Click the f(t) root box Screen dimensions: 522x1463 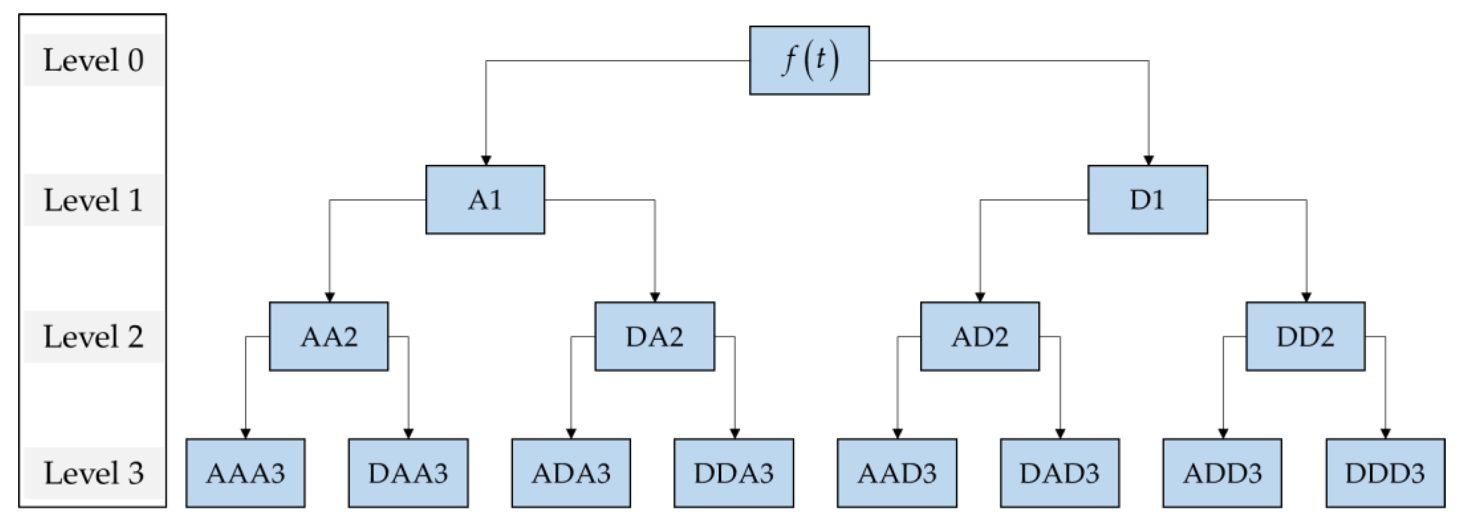pyautogui.click(x=809, y=60)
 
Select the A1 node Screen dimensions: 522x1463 pyautogui.click(x=485, y=200)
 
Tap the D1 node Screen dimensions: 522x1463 pyautogui.click(x=1147, y=200)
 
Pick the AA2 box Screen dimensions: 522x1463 pyautogui.click(x=329, y=337)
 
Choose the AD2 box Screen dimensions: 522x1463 pyautogui.click(x=980, y=337)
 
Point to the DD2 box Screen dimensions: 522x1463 pyautogui.click(x=1305, y=337)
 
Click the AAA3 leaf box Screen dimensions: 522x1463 pyautogui.click(x=245, y=473)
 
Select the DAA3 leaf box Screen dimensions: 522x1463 pyautogui.click(x=408, y=473)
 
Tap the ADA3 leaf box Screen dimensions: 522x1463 pyautogui.click(x=571, y=473)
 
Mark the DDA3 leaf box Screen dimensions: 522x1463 pyautogui.click(x=734, y=473)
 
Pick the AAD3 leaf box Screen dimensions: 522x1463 pyautogui.click(x=897, y=473)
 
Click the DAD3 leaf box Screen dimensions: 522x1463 pyautogui.click(x=1059, y=473)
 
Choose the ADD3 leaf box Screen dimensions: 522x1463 pyautogui.click(x=1222, y=473)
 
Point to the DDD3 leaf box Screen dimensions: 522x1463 pyautogui.click(x=1385, y=473)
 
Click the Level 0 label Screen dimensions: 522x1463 pyautogui.click(x=94, y=60)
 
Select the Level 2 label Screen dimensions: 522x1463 pyautogui.click(x=94, y=337)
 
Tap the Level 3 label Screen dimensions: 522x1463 pyautogui.click(x=94, y=473)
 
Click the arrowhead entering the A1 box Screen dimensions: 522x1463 pyautogui.click(x=486, y=161)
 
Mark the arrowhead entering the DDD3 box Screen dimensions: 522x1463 pyautogui.click(x=1385, y=434)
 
